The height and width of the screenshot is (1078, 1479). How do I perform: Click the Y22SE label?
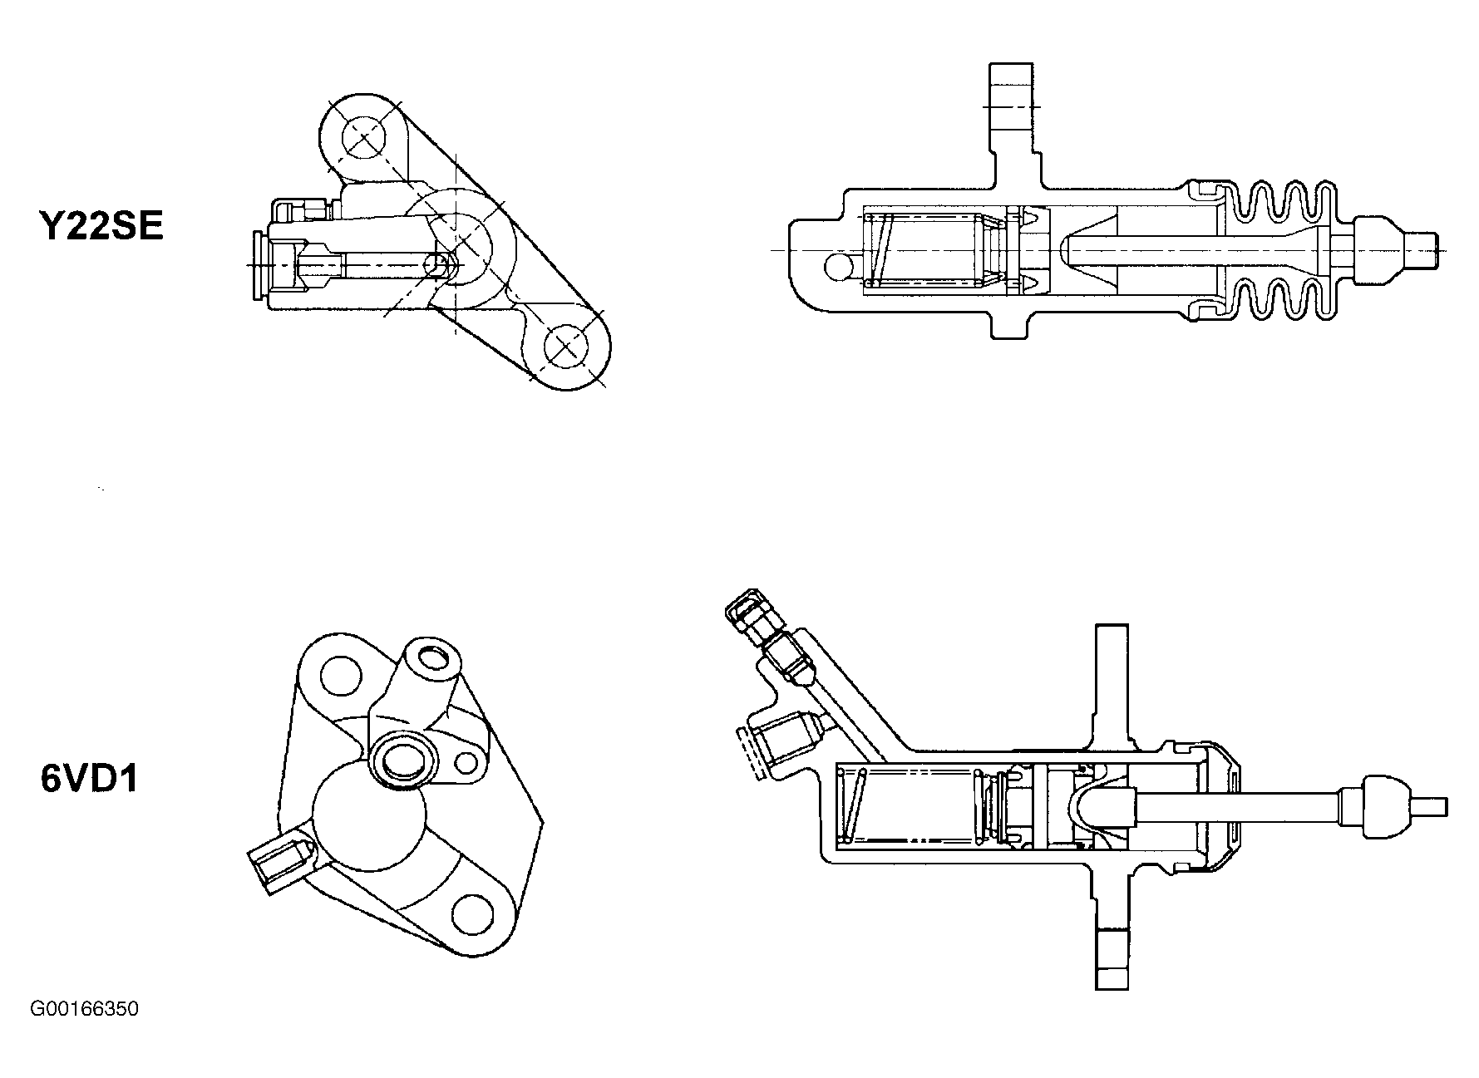click(x=102, y=225)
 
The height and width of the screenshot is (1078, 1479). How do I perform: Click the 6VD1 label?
click(x=89, y=780)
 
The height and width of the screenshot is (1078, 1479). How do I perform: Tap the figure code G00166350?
click(x=84, y=1009)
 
